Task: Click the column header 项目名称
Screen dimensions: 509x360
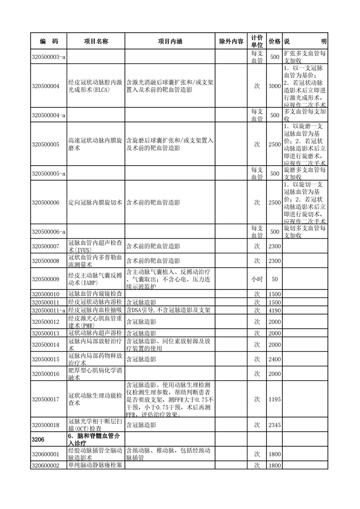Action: (96, 41)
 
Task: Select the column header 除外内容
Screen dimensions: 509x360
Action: (231, 41)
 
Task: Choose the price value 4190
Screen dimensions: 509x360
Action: (275, 310)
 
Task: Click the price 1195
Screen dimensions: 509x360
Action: (275, 399)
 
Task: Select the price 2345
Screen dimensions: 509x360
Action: (275, 425)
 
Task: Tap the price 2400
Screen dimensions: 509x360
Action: (275, 359)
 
